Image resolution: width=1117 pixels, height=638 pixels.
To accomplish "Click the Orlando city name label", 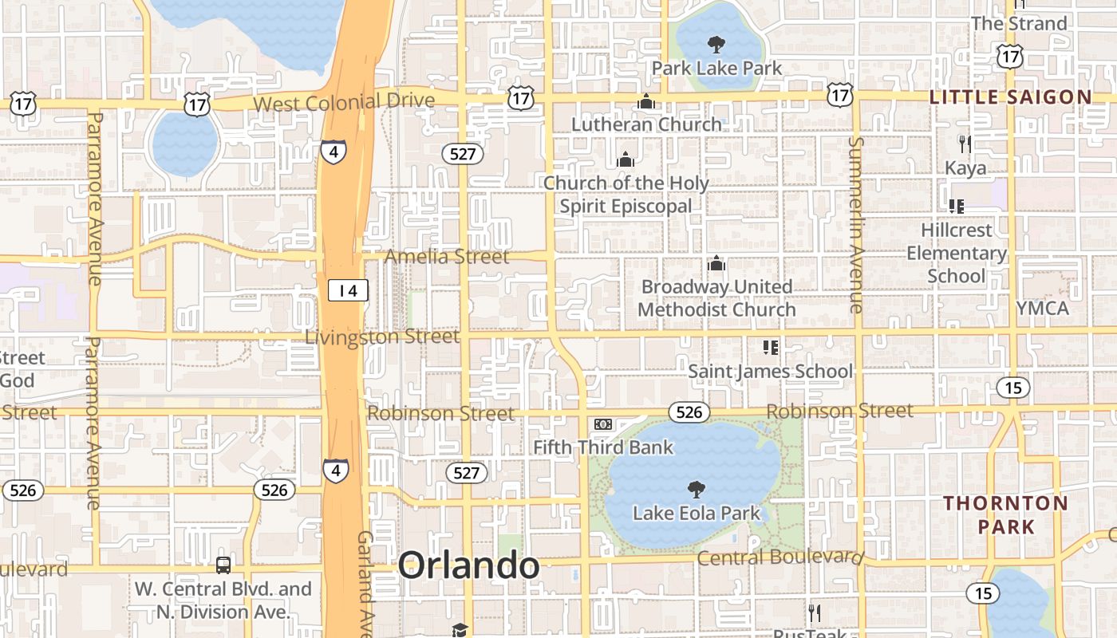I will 469,565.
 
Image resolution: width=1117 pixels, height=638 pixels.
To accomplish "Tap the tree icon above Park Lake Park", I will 716,45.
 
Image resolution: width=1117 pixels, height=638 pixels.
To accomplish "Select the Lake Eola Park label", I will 697,513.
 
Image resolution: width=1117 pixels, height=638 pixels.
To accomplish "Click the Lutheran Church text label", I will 646,124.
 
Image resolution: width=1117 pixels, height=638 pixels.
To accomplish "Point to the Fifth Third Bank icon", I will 603,424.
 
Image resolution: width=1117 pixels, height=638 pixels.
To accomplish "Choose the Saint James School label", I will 771,371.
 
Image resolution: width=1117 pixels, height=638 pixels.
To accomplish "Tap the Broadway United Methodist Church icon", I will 716,263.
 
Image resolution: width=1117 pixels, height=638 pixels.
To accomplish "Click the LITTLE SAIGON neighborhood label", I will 1010,97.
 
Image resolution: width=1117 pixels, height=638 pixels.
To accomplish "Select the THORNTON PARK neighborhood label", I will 1005,514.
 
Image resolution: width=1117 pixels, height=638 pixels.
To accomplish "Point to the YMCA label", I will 1042,308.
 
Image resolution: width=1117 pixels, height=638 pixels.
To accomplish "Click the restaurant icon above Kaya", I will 965,144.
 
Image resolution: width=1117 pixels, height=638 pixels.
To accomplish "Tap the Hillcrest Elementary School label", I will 957,253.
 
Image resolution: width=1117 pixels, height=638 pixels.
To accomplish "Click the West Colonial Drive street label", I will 344,102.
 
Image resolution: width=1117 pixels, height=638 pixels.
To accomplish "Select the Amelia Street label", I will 446,256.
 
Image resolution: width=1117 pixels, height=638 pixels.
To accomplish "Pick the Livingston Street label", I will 382,337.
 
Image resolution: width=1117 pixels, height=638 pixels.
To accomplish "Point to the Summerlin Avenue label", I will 856,224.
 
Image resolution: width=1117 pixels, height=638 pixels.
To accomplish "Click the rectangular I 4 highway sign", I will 348,290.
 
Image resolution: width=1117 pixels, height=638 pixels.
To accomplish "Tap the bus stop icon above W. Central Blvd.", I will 223,565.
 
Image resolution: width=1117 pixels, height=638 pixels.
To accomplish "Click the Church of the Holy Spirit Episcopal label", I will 626,195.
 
